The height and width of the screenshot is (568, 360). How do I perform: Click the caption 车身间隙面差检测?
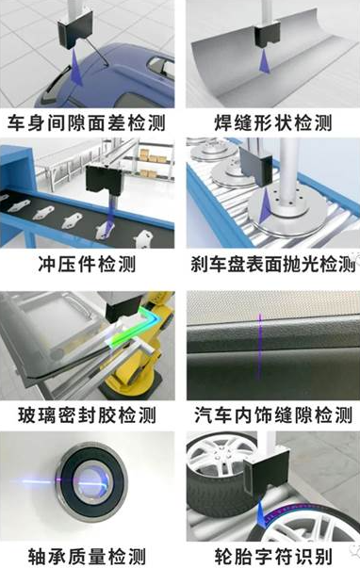coord(87,122)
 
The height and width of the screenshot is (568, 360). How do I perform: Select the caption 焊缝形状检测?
coord(273,122)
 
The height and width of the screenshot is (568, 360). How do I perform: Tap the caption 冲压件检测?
coord(87,264)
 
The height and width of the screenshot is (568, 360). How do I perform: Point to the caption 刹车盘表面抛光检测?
coord(273,264)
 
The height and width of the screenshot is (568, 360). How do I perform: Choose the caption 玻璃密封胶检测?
coord(87,415)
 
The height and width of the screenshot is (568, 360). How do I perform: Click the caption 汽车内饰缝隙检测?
coord(273,415)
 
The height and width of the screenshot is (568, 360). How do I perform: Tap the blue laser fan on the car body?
coord(76,68)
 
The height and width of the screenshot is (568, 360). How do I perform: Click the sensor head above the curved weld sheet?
coord(268,36)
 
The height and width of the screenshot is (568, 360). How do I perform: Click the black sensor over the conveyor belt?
coord(104,182)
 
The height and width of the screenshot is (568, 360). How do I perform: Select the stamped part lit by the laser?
coord(105,230)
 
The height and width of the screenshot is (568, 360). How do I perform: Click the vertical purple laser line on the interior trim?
coord(259,346)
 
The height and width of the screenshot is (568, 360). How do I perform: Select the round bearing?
coord(91,483)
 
